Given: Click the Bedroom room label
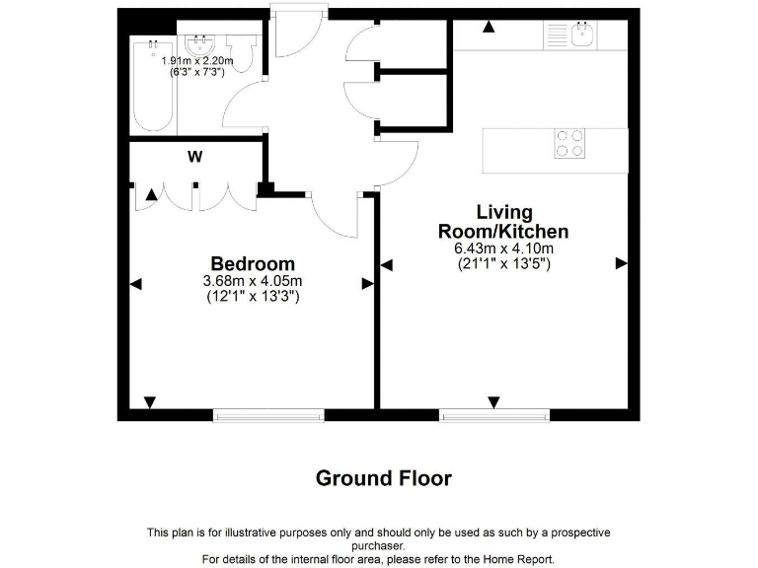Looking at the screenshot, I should click(253, 264).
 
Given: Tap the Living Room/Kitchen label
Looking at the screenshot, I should click(503, 222).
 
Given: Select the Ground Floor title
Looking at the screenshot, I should click(383, 479).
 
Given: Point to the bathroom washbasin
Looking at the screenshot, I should click(201, 44).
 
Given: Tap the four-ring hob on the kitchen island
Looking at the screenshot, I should click(568, 144).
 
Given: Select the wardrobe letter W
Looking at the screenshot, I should click(195, 156).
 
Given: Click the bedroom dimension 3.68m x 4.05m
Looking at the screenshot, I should click(253, 281).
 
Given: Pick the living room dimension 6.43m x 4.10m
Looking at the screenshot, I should click(503, 248).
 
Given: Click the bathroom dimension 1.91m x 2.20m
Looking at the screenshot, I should click(197, 61).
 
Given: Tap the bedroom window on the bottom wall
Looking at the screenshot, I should click(268, 415).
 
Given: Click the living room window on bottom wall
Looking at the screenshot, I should click(493, 415).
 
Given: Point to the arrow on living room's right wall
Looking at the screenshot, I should click(621, 263).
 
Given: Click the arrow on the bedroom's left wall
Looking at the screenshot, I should click(136, 284).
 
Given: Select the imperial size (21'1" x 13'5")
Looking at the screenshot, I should click(503, 263).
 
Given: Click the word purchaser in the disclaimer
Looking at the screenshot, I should click(379, 545).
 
